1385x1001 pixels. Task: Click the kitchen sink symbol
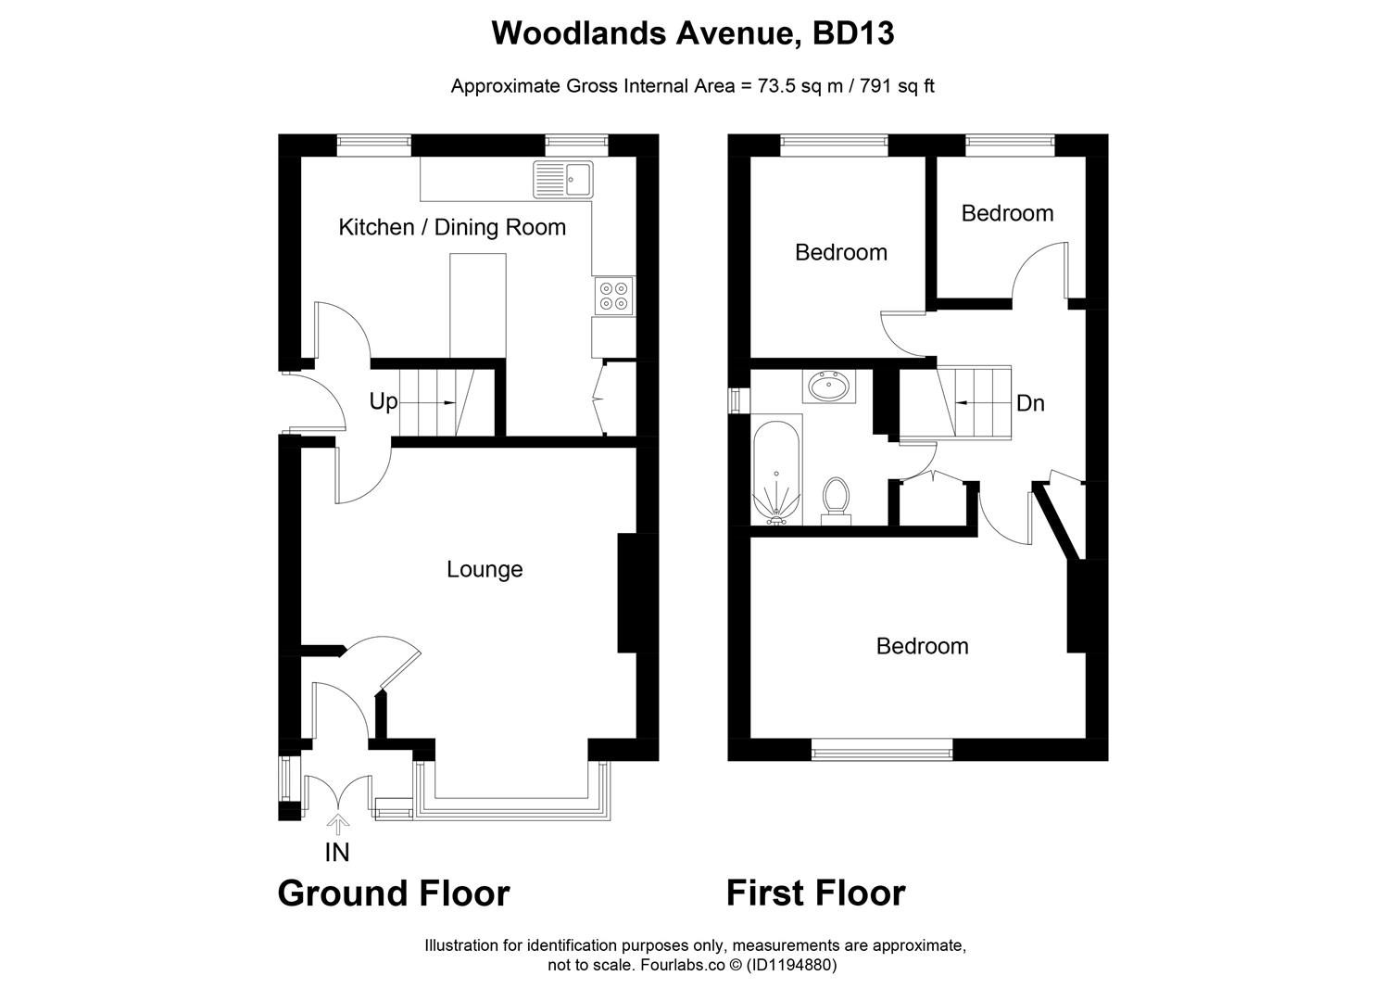click(563, 179)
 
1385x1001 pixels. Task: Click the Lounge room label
click(485, 569)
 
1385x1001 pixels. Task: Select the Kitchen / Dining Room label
click(452, 227)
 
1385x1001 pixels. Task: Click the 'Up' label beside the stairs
click(383, 401)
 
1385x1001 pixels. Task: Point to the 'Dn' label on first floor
click(1030, 403)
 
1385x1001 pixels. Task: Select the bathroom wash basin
click(829, 386)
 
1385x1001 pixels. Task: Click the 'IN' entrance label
click(337, 851)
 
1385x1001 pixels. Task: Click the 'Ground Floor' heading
click(394, 893)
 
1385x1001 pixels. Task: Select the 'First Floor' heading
click(815, 893)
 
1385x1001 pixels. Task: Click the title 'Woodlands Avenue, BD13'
click(692, 33)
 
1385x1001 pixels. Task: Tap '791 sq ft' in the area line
click(898, 86)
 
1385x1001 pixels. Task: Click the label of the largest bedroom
click(922, 646)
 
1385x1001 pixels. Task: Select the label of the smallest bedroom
click(1007, 213)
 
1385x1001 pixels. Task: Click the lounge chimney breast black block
click(628, 593)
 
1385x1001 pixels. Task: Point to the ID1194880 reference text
click(792, 965)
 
